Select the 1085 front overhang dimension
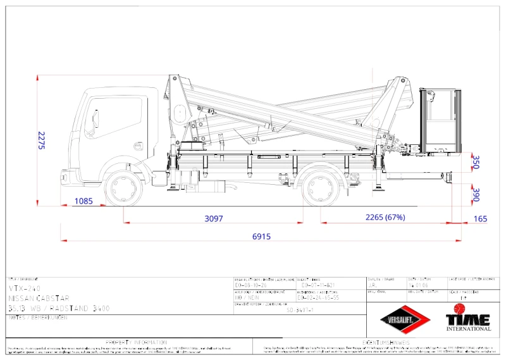point(83,201)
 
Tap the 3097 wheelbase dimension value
point(214,218)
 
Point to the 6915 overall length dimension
point(261,236)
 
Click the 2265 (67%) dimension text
point(385,218)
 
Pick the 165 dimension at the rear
point(481,219)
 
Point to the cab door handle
point(138,146)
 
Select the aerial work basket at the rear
point(439,122)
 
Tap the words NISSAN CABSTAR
point(39,297)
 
